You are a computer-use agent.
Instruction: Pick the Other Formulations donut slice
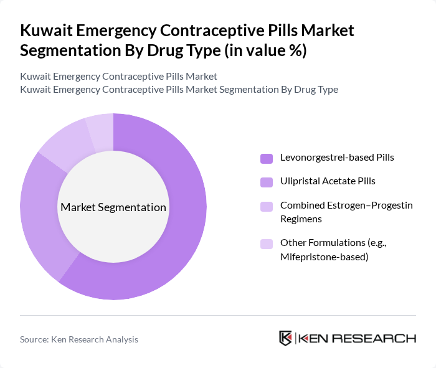(x=100, y=128)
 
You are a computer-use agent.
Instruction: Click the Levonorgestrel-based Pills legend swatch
(x=267, y=158)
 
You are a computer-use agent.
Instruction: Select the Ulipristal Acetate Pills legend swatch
(x=267, y=181)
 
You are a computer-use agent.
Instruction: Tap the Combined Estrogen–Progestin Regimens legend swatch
(x=267, y=205)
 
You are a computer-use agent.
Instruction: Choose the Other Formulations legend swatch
(x=267, y=243)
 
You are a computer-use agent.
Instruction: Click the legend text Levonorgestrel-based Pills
(x=337, y=158)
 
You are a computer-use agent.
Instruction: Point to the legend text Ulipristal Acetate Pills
(x=328, y=181)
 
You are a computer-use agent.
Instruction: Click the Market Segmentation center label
(x=113, y=207)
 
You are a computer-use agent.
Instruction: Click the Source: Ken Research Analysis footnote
(x=79, y=339)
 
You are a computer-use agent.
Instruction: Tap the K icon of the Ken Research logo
(x=285, y=338)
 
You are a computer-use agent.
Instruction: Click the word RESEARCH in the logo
(x=380, y=338)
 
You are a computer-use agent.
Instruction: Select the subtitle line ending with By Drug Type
(x=179, y=89)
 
